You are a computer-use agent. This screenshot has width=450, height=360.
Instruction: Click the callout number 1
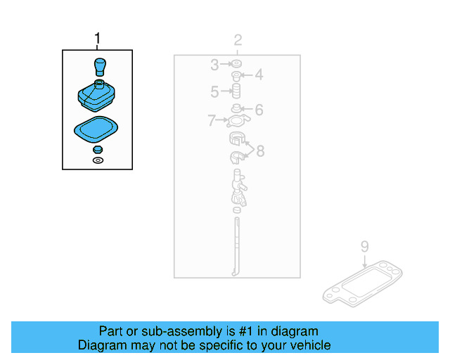tap(97, 38)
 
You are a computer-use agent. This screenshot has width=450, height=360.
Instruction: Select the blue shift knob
tap(100, 67)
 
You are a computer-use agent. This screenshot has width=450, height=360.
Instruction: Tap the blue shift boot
tap(96, 96)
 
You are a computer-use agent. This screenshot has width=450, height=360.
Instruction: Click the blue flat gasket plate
tap(96, 129)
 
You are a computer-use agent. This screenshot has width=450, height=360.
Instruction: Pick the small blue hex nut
tap(98, 150)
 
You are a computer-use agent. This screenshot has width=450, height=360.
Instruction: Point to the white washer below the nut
tap(98, 160)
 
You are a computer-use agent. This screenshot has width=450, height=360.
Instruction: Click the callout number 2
tap(238, 40)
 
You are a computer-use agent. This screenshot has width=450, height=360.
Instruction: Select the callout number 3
tap(214, 65)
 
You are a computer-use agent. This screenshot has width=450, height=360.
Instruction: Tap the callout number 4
tap(259, 75)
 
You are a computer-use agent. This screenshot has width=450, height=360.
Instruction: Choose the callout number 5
tap(214, 92)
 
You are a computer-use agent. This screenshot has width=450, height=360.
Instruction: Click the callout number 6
tap(259, 110)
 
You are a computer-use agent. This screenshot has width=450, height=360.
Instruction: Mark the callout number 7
tap(212, 120)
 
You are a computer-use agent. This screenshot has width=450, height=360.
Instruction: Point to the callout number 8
tap(260, 151)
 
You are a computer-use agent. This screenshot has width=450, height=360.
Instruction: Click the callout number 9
tap(364, 247)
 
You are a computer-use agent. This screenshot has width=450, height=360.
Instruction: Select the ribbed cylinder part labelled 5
tap(236, 91)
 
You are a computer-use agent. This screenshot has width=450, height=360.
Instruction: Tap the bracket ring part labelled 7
tap(238, 120)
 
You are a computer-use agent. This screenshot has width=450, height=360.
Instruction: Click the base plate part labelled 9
tap(362, 283)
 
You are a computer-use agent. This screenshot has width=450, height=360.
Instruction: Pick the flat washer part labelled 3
tap(237, 63)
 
